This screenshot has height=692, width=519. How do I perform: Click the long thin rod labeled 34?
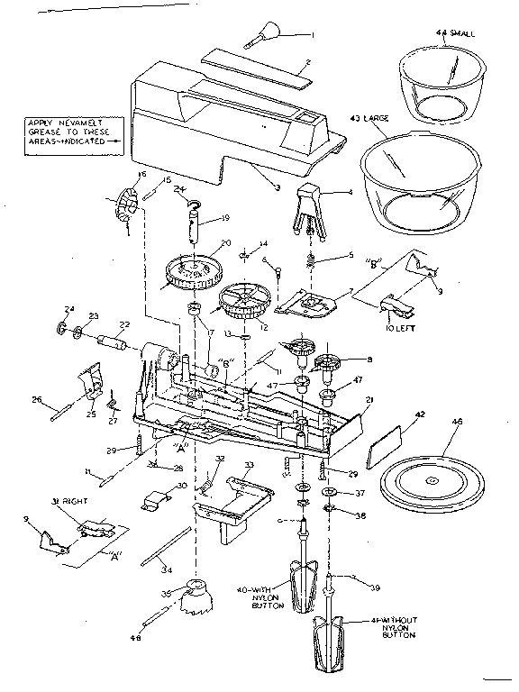click(168, 549)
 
